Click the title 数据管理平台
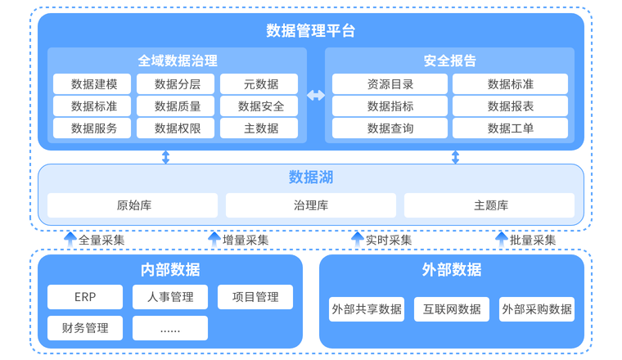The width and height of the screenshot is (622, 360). pyautogui.click(x=311, y=31)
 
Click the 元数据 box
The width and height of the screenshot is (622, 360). pyautogui.click(x=261, y=83)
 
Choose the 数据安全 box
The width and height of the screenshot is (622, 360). pyautogui.click(x=261, y=106)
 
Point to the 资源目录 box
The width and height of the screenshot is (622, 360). pyautogui.click(x=390, y=83)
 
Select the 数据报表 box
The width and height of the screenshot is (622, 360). pyautogui.click(x=510, y=106)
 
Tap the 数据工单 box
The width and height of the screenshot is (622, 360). pyautogui.click(x=510, y=128)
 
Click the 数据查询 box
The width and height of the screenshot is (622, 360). pyautogui.click(x=390, y=128)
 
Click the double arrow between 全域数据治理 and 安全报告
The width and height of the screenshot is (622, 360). pyautogui.click(x=316, y=96)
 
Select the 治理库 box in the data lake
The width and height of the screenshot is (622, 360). pyautogui.click(x=311, y=205)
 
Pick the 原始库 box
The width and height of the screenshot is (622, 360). pyautogui.click(x=133, y=205)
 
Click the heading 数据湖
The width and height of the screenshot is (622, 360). pyautogui.click(x=311, y=178)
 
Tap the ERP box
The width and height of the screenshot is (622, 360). pyautogui.click(x=85, y=297)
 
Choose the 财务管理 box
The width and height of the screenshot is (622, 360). pyautogui.click(x=85, y=328)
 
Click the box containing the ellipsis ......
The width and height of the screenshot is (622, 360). pyautogui.click(x=170, y=328)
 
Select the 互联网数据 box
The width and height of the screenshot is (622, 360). pyautogui.click(x=452, y=309)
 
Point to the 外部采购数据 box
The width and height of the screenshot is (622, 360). pyautogui.click(x=537, y=309)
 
